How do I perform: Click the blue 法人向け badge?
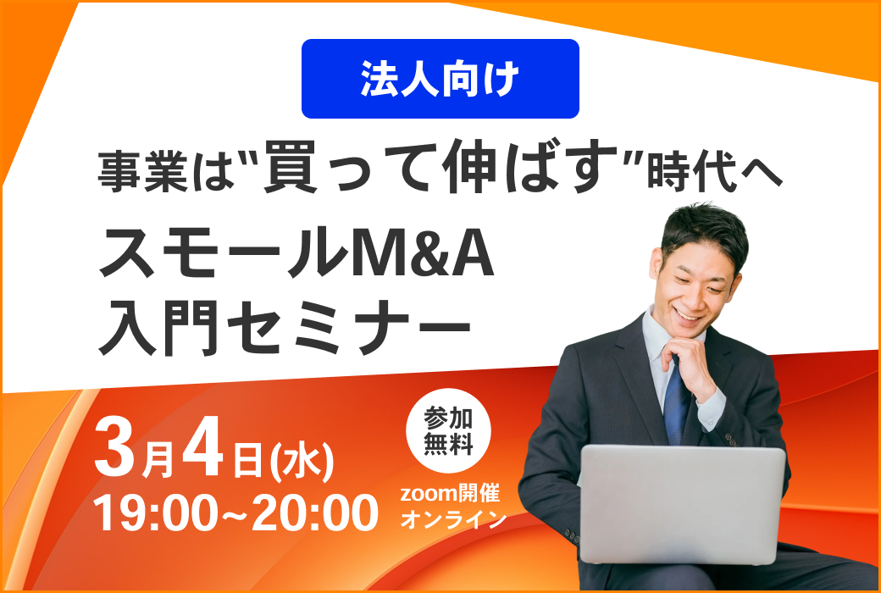point(440,79)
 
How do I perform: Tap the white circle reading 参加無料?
point(448,431)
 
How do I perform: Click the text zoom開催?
point(450,494)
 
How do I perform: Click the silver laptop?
point(682,503)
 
